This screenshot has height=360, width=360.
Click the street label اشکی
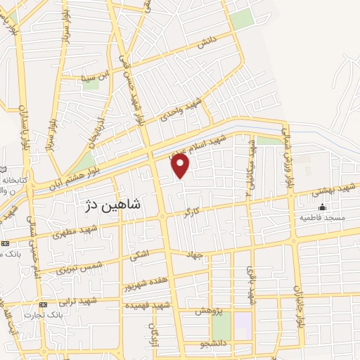point(138,257)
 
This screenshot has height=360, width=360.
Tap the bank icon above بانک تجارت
point(44,304)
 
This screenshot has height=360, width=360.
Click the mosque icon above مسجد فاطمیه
point(323,207)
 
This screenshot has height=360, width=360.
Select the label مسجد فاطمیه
point(322,218)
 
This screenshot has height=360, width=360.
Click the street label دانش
point(205,43)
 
